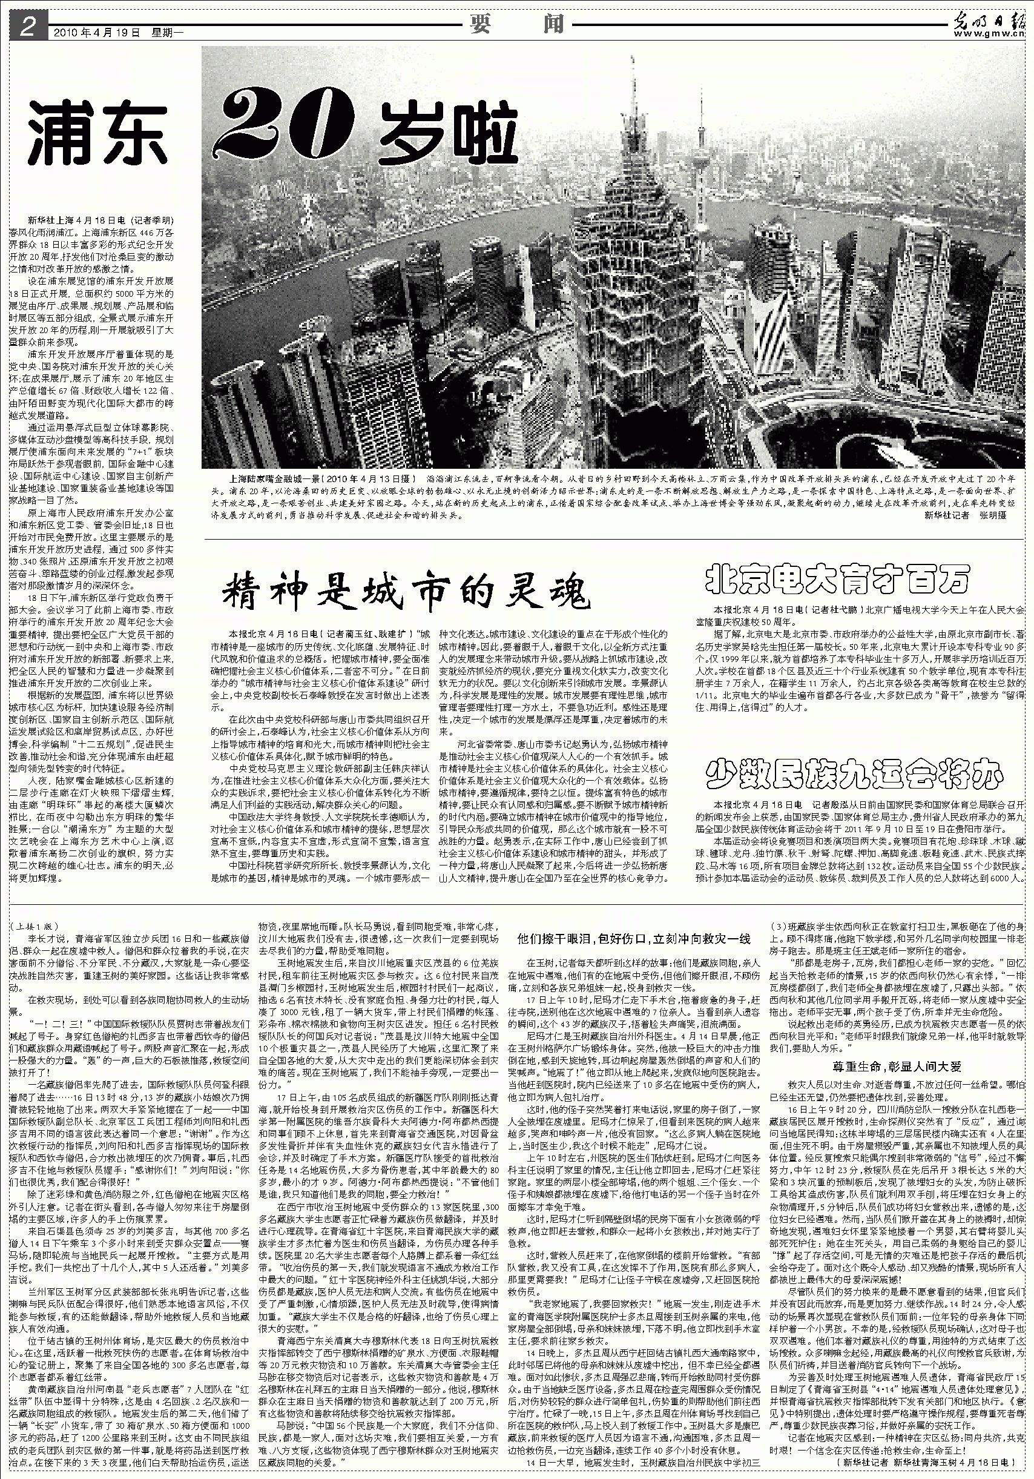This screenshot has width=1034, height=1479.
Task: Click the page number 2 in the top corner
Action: pyautogui.click(x=28, y=27)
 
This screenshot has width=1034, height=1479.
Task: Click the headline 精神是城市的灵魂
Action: pyautogui.click(x=406, y=590)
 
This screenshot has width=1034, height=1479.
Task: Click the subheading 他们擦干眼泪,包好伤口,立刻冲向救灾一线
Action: pyautogui.click(x=634, y=939)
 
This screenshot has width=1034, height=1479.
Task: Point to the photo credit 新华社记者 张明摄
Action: pyautogui.click(x=964, y=515)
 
